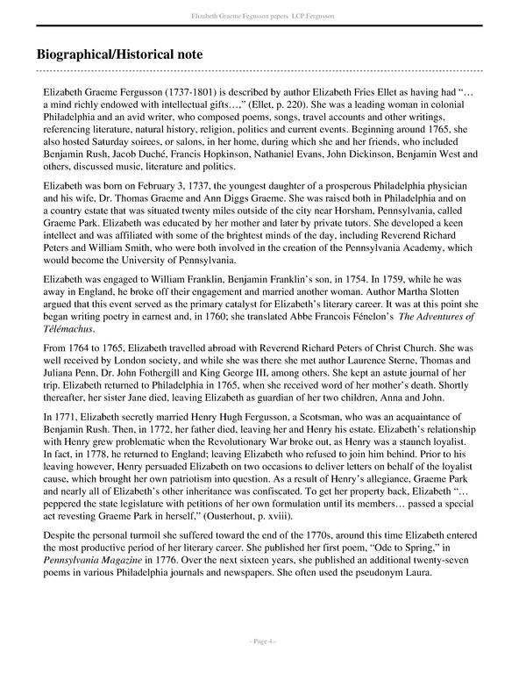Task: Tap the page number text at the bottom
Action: tap(262, 642)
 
